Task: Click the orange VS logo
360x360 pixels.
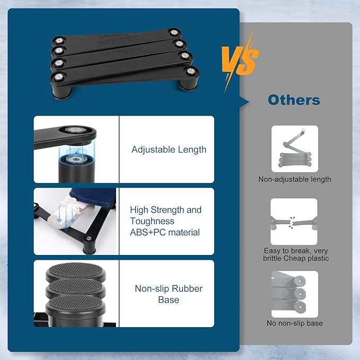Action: point(240,62)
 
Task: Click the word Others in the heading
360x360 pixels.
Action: point(294,100)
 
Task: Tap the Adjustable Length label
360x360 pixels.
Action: point(169,150)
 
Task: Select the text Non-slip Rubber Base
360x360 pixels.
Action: point(169,294)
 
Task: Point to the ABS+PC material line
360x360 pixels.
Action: point(164,232)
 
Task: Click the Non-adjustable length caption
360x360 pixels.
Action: point(295,179)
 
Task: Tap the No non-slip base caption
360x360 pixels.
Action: point(295,323)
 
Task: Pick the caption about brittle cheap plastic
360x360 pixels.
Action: point(296,254)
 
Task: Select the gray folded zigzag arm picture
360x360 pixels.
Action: point(295,149)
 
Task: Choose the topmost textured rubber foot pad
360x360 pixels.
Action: point(76,271)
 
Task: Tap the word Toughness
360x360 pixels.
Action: point(152,221)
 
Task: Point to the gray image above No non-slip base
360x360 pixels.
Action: point(295,294)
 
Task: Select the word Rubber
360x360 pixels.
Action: point(187,288)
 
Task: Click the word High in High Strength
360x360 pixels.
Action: point(139,210)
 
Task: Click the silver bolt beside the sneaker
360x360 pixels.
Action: point(89,239)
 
